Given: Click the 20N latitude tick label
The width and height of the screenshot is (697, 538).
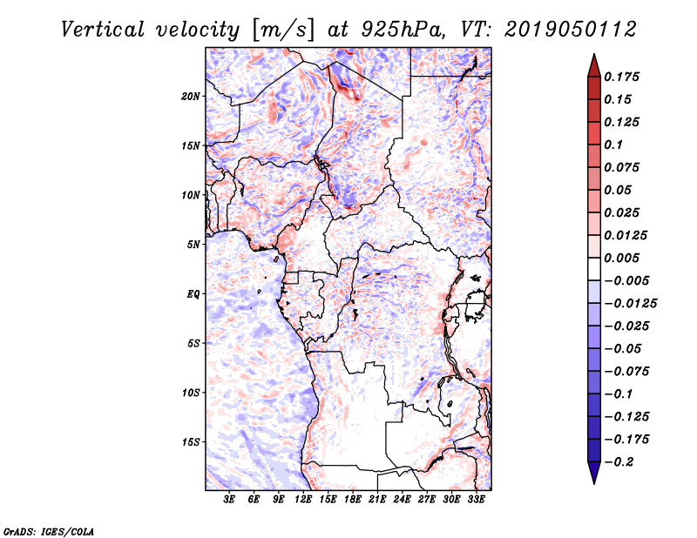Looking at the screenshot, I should [191, 96].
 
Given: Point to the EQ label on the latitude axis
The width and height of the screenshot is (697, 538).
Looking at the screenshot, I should [194, 293].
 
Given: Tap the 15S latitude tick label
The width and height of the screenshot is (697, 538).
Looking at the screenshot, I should [191, 441].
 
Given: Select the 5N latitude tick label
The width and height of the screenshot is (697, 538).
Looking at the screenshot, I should [193, 244].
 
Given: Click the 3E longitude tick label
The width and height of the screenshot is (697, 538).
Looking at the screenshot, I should [230, 500].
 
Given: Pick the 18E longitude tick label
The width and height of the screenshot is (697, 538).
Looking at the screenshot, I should [353, 500].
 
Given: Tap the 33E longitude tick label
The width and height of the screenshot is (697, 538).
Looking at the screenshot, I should [476, 500].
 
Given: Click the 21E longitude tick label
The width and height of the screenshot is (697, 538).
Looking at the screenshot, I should [377, 500].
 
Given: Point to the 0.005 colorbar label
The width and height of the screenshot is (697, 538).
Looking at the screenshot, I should [624, 258].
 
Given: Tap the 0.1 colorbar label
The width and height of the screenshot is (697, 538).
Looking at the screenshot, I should [615, 145].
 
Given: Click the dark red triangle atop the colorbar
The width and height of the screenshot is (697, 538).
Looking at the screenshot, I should [593, 65].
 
